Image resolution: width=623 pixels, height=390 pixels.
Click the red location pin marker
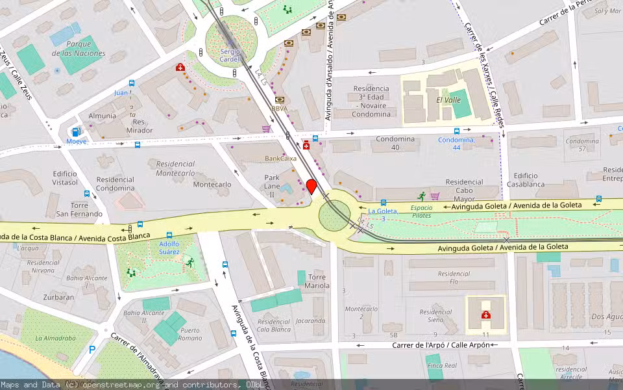coord(311,187)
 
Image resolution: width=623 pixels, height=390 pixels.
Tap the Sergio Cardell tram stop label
coord(230,55)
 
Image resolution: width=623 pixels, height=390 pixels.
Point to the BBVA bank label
coord(280,109)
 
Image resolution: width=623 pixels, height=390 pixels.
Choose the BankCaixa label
coord(281,159)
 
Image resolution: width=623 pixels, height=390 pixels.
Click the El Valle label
coord(448,100)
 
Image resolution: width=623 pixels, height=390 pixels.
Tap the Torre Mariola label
coord(317,281)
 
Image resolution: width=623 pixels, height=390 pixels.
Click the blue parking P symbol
coord(92,350)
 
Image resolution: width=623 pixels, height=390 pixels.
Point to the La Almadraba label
coord(55,338)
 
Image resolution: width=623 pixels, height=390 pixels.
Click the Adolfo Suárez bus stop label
coord(169,248)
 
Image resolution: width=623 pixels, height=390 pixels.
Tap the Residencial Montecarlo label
coord(175,169)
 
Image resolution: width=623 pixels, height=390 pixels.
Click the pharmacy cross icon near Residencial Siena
coord(485,315)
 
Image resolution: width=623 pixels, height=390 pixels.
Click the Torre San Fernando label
coord(79,209)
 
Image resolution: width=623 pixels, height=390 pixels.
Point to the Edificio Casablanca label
coord(526,180)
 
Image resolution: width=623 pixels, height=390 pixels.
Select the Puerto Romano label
coord(190,334)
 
